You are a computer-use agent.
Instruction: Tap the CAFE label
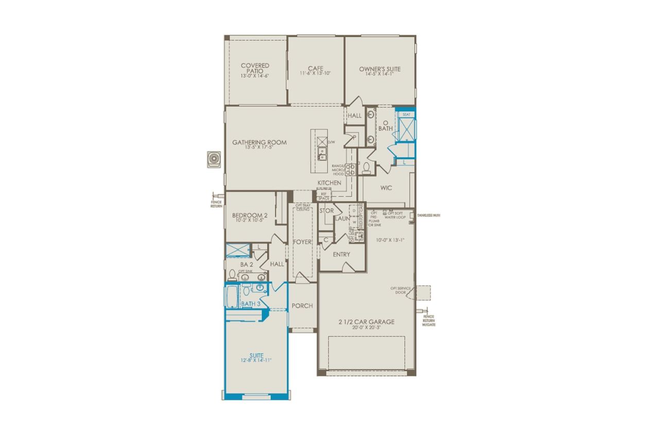[315, 68]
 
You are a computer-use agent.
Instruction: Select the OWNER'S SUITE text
[380, 69]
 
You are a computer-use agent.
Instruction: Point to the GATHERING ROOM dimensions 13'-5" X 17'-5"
[259, 148]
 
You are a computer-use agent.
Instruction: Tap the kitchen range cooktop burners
[350, 169]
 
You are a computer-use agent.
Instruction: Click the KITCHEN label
[329, 183]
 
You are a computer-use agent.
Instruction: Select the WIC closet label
[386, 188]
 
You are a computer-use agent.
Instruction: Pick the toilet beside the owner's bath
[366, 168]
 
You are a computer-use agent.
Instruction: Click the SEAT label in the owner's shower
[406, 114]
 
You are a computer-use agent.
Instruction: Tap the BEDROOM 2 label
[250, 215]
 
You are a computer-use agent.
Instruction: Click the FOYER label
[302, 242]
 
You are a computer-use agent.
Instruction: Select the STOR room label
[326, 211]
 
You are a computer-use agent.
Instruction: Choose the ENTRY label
[341, 254]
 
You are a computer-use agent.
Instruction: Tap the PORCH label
[302, 305]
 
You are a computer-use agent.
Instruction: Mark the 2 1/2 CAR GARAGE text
[366, 322]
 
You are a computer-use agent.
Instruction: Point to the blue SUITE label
[255, 355]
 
